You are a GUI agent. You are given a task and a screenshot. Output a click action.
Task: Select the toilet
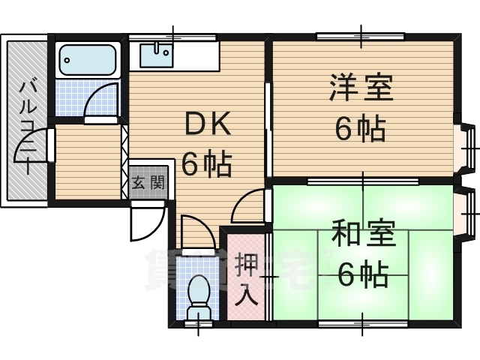[x=199, y=293]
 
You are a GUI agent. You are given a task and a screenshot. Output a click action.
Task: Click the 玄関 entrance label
[x=147, y=182]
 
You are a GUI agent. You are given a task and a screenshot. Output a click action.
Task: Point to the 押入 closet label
[x=246, y=277]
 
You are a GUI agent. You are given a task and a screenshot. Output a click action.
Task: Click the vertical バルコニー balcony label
[x=28, y=120]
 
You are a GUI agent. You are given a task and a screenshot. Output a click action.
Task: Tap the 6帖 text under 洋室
[x=360, y=130]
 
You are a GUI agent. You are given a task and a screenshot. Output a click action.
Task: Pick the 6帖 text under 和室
[x=361, y=275]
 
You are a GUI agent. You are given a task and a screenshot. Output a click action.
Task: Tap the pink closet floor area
[x=246, y=296]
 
